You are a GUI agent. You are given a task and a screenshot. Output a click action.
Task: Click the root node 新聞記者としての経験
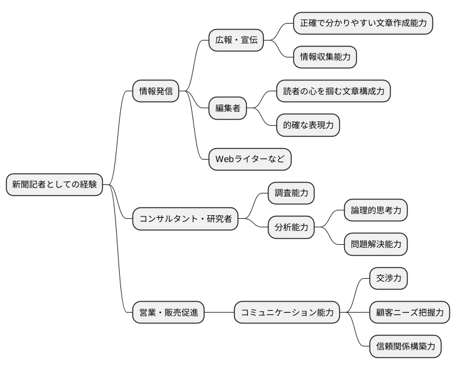tap(54, 184)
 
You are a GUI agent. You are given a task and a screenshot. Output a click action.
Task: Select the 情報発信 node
tap(156, 91)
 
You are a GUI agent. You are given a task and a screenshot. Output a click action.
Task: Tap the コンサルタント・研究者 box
tap(185, 218)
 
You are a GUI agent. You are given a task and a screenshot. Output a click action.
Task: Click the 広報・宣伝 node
tap(236, 41)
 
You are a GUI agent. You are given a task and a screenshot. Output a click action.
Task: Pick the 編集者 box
tap(228, 108)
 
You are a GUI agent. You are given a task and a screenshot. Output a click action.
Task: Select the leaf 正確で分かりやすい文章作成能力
tap(363, 24)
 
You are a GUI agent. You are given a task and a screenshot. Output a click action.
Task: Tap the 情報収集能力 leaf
tap(325, 57)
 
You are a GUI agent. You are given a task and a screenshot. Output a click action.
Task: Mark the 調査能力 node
tap(292, 193)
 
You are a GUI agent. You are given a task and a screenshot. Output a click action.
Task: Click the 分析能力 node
tap(292, 227)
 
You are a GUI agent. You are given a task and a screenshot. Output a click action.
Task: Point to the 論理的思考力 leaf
tap(376, 210)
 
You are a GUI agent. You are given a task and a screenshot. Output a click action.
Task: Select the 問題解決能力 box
tap(376, 244)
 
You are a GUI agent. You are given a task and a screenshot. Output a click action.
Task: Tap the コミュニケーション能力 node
tap(287, 313)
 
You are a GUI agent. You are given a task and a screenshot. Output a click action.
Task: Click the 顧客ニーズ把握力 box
tap(409, 313)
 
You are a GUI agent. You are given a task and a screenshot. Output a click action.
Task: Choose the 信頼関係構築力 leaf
tap(405, 346)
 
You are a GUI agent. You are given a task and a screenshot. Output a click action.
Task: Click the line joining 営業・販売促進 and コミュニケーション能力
tap(219, 313)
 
